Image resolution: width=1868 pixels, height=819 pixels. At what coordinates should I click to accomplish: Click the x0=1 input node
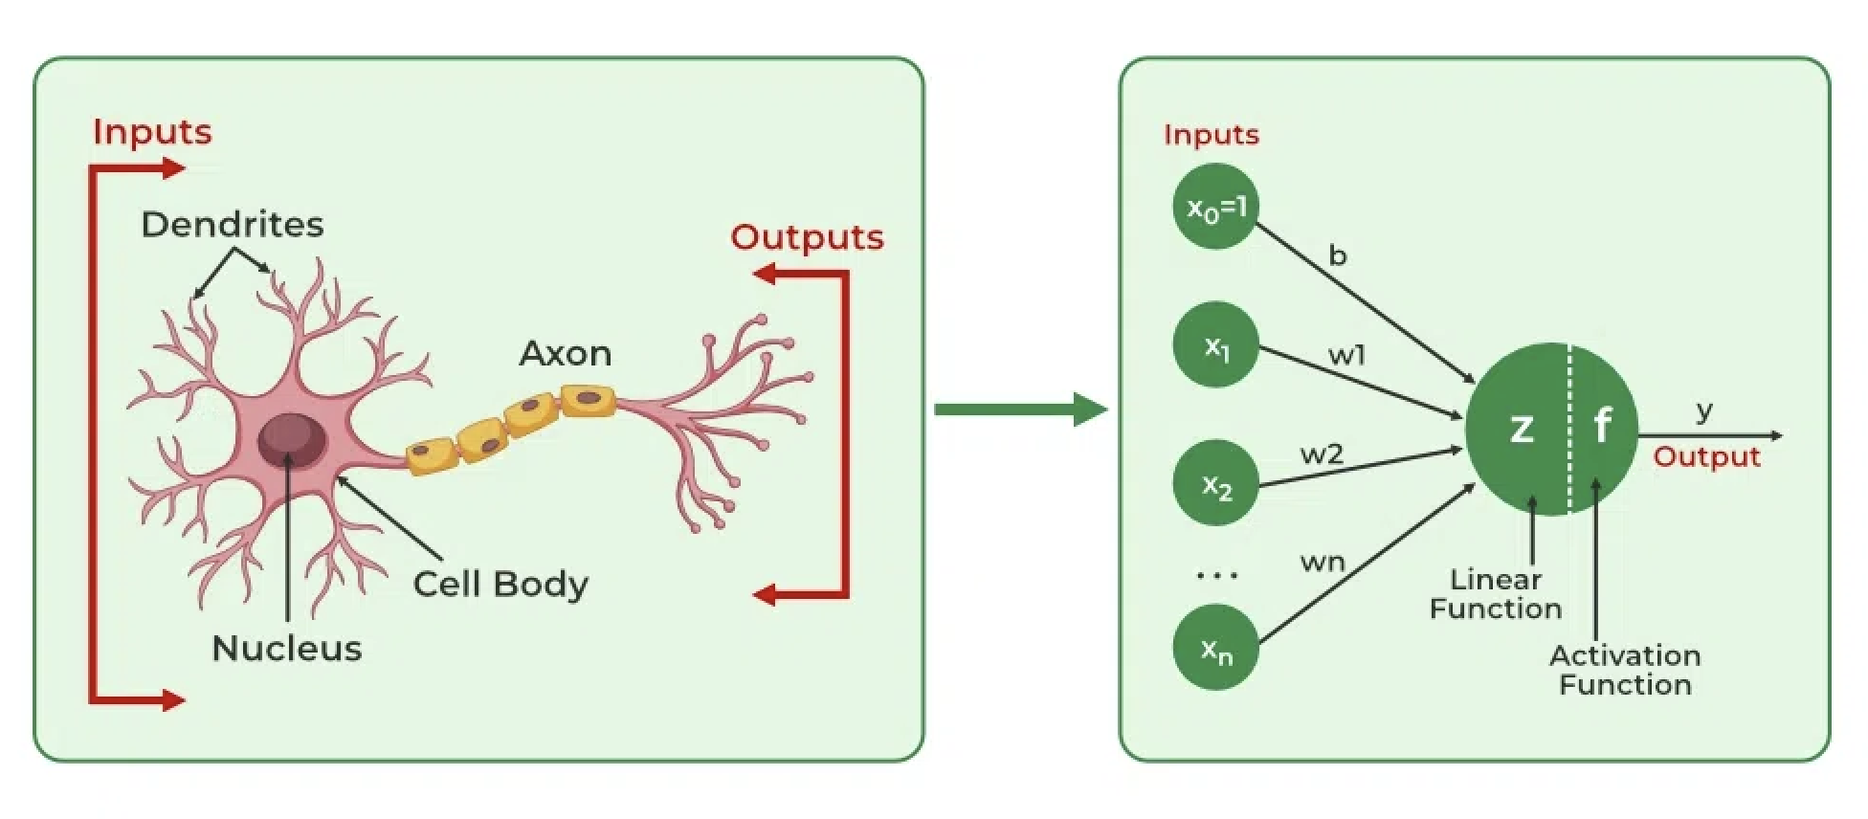[1215, 207]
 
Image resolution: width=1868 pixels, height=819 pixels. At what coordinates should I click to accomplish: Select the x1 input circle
[1215, 345]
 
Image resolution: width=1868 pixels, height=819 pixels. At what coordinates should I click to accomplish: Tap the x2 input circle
[1215, 484]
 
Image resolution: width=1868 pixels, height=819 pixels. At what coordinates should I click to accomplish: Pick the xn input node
[1215, 649]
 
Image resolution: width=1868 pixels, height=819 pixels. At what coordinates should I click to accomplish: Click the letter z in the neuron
[1521, 429]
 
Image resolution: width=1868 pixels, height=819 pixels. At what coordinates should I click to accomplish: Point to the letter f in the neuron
[1602, 425]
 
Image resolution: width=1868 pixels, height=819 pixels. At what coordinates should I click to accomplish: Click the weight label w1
[1346, 356]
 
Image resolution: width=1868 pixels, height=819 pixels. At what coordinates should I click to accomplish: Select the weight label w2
[1322, 454]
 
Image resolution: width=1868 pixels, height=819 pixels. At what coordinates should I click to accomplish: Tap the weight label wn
[1323, 562]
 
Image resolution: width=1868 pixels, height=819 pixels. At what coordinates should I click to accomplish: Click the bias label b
[1338, 255]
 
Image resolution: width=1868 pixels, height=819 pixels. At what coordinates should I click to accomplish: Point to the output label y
[1704, 411]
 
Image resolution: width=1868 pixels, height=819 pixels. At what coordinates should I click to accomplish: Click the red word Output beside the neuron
[1706, 456]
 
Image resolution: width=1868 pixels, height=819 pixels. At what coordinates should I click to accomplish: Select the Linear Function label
[1495, 594]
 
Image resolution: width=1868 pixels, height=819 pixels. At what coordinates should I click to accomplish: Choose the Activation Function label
[1625, 670]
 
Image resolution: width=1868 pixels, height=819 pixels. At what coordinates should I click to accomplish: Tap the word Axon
[566, 354]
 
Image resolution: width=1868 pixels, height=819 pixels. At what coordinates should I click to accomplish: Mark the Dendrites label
[233, 225]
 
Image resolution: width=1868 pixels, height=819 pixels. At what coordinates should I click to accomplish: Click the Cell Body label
[500, 585]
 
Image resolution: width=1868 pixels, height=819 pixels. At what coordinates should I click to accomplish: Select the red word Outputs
[807, 237]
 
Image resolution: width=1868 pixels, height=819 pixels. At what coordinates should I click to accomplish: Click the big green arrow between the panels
[1020, 409]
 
